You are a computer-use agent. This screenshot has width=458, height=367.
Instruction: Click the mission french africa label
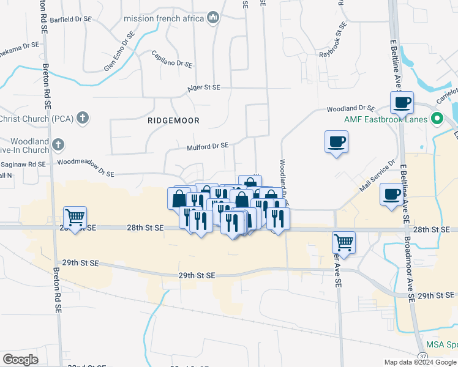pos(163,18)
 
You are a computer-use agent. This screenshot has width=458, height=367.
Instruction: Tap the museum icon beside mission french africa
pos(213,18)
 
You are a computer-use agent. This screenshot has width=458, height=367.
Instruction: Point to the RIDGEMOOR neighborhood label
pos(173,120)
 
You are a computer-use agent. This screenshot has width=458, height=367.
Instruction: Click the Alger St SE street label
pos(203,87)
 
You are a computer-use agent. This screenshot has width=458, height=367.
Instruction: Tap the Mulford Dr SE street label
pos(208,146)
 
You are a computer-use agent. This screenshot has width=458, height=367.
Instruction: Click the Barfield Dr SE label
pos(70,20)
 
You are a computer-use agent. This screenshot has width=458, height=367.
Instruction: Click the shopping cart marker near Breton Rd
pos(75,217)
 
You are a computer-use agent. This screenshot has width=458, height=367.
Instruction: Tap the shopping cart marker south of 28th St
pos(344,242)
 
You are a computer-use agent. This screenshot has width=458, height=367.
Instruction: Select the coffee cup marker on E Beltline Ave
pos(402,103)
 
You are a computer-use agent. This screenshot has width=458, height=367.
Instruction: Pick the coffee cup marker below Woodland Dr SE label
pos(336,142)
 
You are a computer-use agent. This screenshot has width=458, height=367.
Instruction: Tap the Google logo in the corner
pos(21,360)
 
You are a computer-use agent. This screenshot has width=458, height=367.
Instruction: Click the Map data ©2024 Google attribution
pos(420,362)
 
